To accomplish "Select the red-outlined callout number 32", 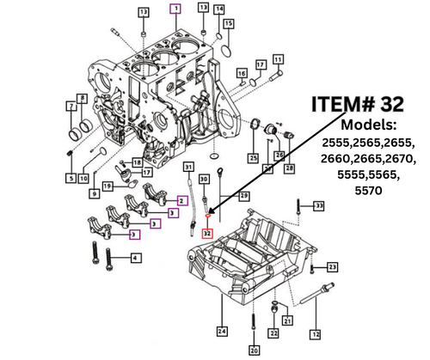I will pos(207,232).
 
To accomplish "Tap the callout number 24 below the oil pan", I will pos(222,330).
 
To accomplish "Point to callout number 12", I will pos(316,333).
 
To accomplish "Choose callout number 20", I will pos(254,351).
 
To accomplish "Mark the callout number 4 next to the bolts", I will pos(135,258).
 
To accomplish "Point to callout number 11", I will pos(278,59).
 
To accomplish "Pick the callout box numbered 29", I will pos(243,197).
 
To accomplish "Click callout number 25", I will pos(253,159).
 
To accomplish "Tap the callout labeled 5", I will pos(71,178).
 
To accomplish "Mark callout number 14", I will pos(219,9).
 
